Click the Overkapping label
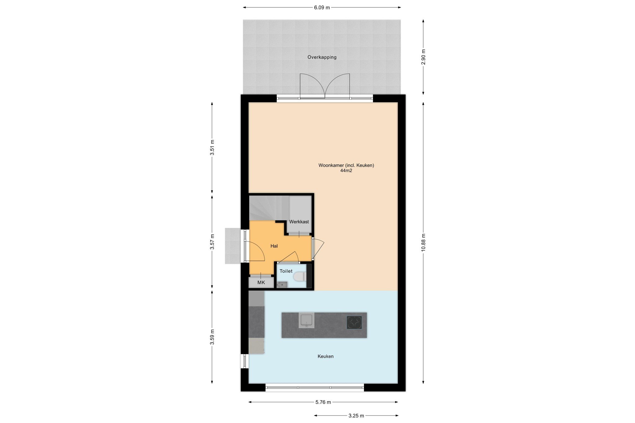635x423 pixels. point(322,57)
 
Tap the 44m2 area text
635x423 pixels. point(346,170)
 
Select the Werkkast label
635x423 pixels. point(299,222)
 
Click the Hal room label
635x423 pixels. point(274,246)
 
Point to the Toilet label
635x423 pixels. point(286,271)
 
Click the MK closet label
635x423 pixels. point(261,282)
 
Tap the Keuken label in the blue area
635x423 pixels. point(326,356)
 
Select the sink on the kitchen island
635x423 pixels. point(306,320)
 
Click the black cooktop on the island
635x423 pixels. point(354,322)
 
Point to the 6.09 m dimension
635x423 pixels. point(322,7)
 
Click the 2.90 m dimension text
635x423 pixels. point(424,57)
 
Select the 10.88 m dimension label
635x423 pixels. point(424,243)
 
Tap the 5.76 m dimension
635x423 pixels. point(323,402)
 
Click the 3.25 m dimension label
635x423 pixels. point(356,416)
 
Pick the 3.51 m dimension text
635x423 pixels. point(212,148)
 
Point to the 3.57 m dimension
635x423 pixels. point(212,242)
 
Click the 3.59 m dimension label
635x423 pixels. point(212,337)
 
